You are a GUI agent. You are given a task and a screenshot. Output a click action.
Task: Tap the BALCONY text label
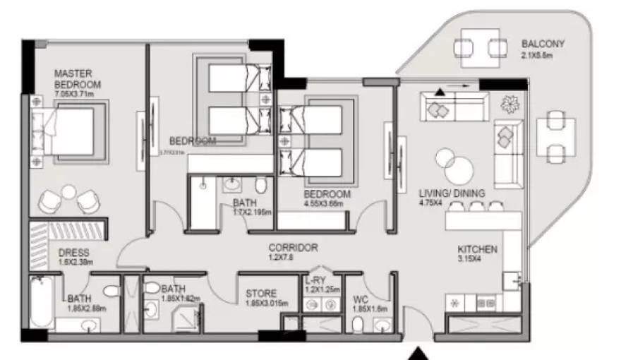[x=543, y=43]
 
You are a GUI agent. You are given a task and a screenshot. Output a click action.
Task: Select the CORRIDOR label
[x=293, y=248]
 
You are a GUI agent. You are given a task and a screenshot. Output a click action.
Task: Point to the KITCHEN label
[x=478, y=249]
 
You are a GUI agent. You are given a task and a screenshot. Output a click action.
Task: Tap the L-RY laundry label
[x=315, y=280]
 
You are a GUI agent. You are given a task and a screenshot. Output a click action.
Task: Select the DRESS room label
[x=73, y=252]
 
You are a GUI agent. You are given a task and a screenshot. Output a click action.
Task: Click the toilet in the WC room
[x=357, y=324]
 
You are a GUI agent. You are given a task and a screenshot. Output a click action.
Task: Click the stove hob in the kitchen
[x=486, y=303]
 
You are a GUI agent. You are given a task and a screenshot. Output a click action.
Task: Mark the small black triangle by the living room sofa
[x=440, y=91]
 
